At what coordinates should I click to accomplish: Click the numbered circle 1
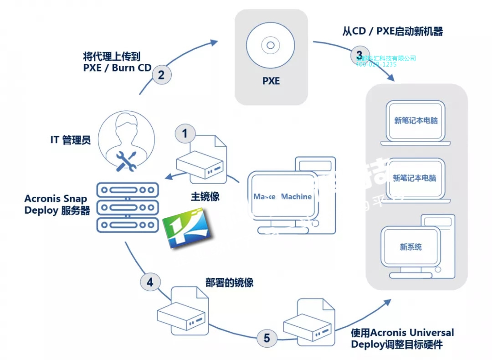(185, 134)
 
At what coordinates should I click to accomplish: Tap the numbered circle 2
(161, 74)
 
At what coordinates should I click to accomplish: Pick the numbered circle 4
(150, 282)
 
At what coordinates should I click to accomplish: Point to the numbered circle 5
(266, 338)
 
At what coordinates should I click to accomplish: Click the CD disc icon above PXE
(271, 46)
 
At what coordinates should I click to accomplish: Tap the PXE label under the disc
(271, 82)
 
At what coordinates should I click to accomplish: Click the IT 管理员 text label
(71, 140)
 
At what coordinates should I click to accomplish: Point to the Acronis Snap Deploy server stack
(128, 206)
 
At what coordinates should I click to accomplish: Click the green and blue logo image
(186, 228)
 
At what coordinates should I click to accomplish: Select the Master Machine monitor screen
(282, 196)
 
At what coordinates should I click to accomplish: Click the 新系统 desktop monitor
(411, 247)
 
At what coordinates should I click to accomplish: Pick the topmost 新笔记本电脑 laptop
(416, 121)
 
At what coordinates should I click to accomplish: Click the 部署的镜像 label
(229, 283)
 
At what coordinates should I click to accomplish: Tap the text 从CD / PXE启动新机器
(392, 31)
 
